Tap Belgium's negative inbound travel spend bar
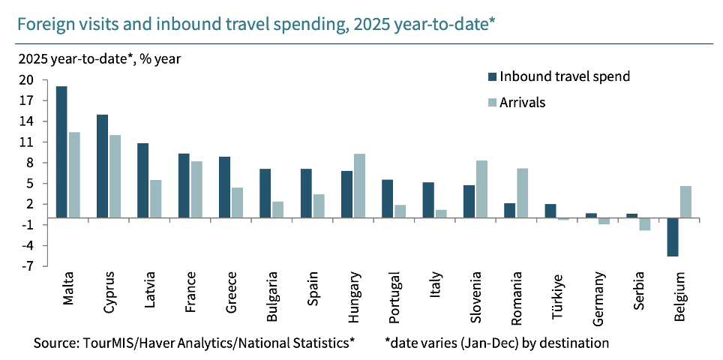click(673, 237)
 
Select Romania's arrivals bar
click(522, 193)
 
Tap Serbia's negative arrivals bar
click(644, 224)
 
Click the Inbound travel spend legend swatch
click(492, 76)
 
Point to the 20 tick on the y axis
click(26, 80)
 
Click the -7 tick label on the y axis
click(28, 266)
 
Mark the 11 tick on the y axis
click(28, 142)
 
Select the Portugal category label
click(395, 298)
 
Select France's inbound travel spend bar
click(183, 186)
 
